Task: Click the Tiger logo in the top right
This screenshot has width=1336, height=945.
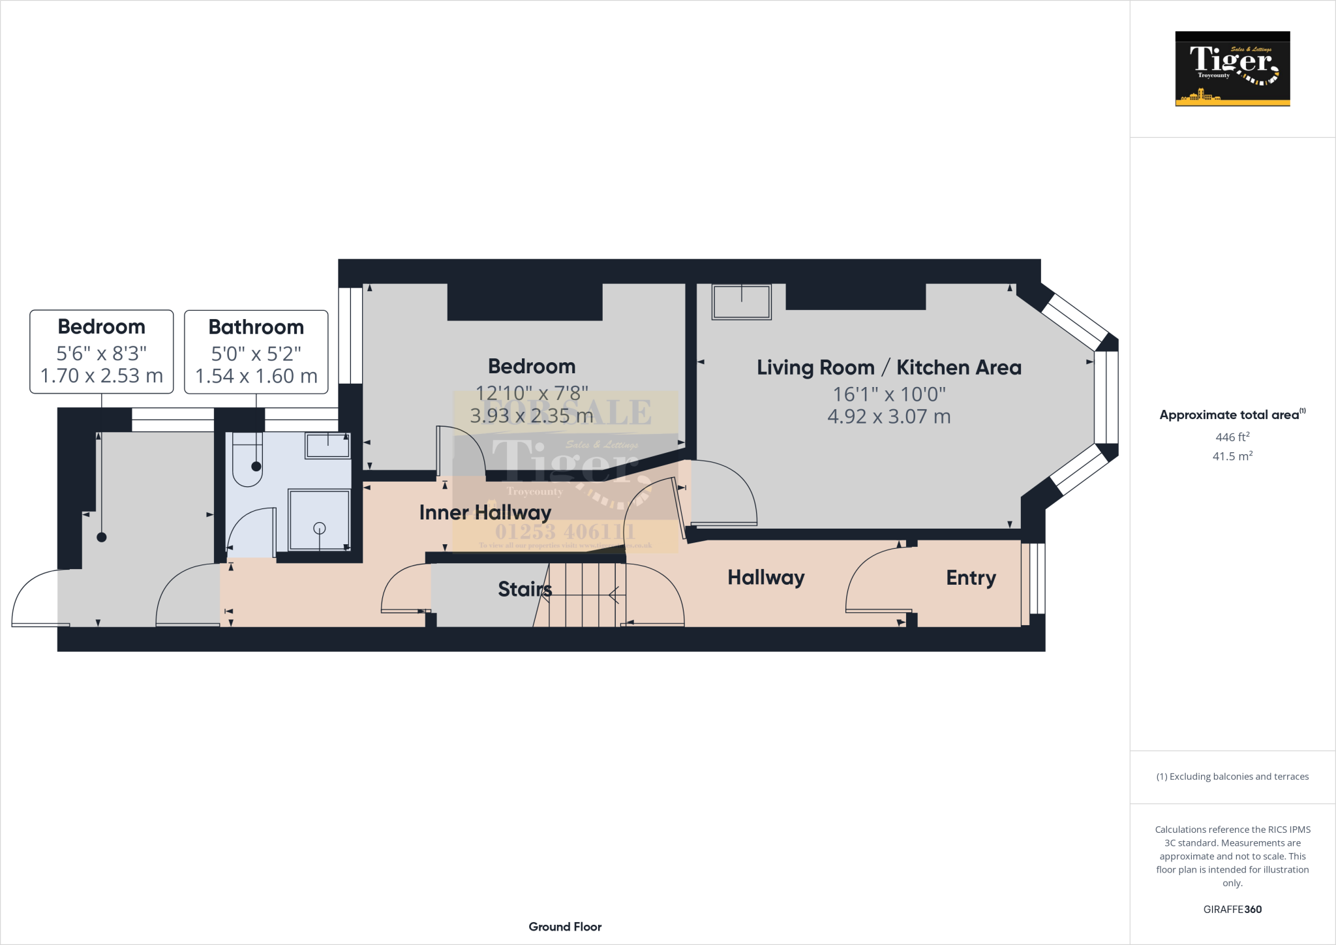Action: (x=1232, y=69)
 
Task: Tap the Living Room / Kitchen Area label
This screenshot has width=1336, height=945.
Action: (x=888, y=367)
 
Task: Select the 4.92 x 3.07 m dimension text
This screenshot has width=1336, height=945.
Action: (x=888, y=416)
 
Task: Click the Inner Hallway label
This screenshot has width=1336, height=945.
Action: (x=485, y=512)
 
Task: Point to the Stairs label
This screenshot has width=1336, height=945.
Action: (x=524, y=589)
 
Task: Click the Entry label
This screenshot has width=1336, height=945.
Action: (x=971, y=578)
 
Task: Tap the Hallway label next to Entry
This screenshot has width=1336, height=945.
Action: (x=766, y=578)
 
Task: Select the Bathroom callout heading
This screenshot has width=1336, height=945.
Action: (x=256, y=327)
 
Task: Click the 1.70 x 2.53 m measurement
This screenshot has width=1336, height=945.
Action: (x=101, y=376)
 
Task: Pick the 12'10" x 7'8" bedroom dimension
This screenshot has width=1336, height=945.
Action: (x=532, y=393)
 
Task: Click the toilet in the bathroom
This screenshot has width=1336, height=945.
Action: (x=247, y=460)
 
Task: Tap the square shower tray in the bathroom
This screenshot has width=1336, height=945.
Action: (x=319, y=521)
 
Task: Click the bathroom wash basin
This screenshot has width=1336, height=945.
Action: (x=327, y=446)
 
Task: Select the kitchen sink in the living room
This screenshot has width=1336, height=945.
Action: (x=741, y=302)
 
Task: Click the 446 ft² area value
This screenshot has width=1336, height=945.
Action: (x=1232, y=437)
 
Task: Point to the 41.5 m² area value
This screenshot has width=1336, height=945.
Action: (x=1232, y=456)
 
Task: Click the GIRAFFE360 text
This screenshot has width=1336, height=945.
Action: (x=1232, y=909)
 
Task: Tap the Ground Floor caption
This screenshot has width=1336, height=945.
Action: (x=565, y=927)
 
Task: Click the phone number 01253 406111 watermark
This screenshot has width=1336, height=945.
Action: (x=565, y=532)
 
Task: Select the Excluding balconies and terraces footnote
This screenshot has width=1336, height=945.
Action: (x=1232, y=777)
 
